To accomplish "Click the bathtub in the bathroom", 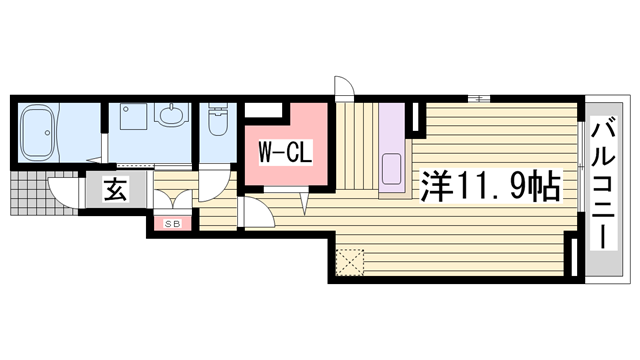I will click(48, 130).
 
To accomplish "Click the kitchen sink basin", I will click(393, 167).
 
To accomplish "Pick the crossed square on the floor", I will click(351, 263).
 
